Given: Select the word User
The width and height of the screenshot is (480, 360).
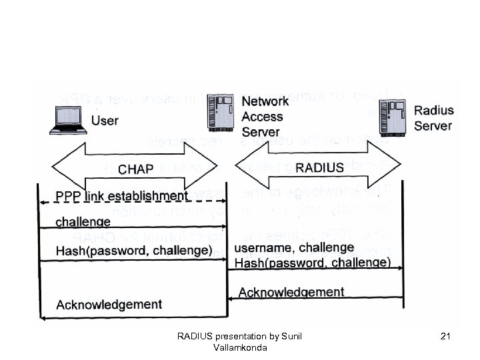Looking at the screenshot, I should pyautogui.click(x=105, y=121).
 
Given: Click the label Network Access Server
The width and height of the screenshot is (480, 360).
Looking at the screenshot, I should pyautogui.click(x=265, y=116).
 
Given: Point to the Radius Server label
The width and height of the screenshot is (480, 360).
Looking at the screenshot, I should pyautogui.click(x=433, y=117).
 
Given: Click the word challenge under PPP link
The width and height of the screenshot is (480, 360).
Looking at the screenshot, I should pyautogui.click(x=83, y=221).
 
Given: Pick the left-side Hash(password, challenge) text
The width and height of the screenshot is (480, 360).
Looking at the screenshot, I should pyautogui.click(x=135, y=251).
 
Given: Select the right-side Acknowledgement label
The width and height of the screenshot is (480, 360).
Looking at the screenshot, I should pyautogui.click(x=291, y=292).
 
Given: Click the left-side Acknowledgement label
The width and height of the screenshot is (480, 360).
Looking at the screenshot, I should pyautogui.click(x=109, y=305).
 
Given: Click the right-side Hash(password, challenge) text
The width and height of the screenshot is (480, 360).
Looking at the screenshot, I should pyautogui.click(x=313, y=262).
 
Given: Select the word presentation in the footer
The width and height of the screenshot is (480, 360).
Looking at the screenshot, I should pyautogui.click(x=239, y=337).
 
